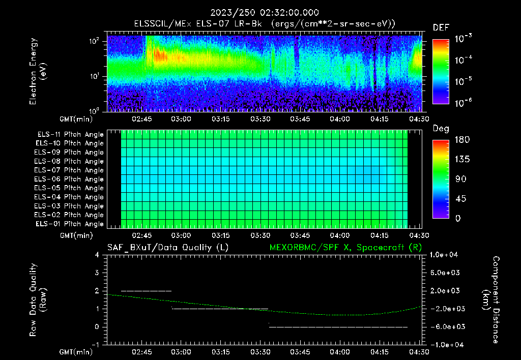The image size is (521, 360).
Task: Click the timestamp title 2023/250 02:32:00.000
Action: [x=263, y=13]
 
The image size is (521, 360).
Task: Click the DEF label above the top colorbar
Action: [x=441, y=27]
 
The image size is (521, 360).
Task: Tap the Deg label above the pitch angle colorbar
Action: [x=441, y=129]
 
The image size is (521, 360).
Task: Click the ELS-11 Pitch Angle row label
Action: [x=70, y=135]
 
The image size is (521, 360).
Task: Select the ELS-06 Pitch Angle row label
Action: [x=70, y=179]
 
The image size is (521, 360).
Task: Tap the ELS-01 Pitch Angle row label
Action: [x=70, y=224]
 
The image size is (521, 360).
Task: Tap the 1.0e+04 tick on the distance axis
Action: [x=445, y=255]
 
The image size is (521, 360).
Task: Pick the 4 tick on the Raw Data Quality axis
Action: [x=97, y=255]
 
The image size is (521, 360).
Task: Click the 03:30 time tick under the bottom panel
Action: [x=260, y=351]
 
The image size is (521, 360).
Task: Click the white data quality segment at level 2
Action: [x=147, y=291]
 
